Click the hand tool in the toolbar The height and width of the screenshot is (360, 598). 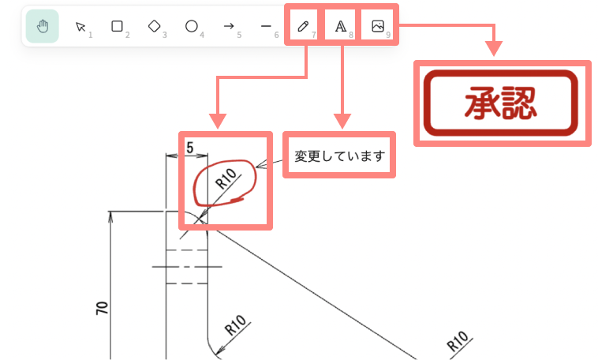(42, 26)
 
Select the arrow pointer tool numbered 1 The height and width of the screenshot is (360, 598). (80, 27)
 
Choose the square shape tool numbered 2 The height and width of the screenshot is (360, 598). (117, 26)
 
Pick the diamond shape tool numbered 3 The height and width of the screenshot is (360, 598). (154, 26)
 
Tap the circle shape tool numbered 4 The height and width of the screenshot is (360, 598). (191, 26)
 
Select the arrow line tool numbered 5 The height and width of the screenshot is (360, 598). (229, 26)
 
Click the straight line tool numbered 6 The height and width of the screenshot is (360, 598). (266, 26)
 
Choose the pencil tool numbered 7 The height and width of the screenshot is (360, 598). (303, 26)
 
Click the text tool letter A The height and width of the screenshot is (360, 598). (341, 26)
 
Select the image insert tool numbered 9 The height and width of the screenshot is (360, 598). (378, 26)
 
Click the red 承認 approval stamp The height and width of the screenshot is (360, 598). (501, 103)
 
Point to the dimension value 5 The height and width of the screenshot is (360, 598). (190, 148)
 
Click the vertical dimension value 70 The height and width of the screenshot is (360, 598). (102, 308)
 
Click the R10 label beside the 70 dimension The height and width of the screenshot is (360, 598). (236, 325)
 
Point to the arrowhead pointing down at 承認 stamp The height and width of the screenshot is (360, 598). (494, 49)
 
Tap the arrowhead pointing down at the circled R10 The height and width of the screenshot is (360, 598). (218, 121)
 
